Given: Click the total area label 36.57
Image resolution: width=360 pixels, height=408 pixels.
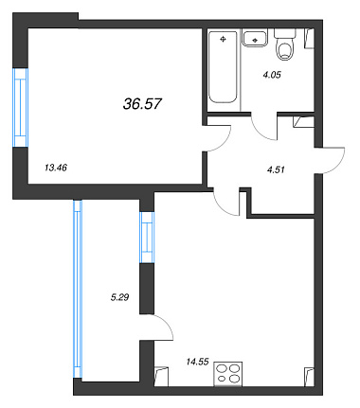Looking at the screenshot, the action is pyautogui.click(x=142, y=103).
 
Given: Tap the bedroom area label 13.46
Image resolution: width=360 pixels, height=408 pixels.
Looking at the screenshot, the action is pyautogui.click(x=56, y=168).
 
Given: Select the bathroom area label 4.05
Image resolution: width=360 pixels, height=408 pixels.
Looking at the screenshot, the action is pyautogui.click(x=272, y=75).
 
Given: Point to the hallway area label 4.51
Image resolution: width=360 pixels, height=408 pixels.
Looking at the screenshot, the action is pyautogui.click(x=276, y=169).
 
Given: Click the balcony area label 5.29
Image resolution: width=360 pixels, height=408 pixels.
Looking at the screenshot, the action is pyautogui.click(x=119, y=297).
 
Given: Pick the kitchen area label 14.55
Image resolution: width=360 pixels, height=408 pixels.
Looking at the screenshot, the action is pyautogui.click(x=197, y=362).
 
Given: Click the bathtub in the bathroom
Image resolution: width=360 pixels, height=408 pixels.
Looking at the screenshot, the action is pyautogui.click(x=223, y=67).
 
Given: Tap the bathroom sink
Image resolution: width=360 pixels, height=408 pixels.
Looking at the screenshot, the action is pyautogui.click(x=255, y=38).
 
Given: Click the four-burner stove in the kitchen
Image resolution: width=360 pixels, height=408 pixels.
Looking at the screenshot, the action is pyautogui.click(x=228, y=374).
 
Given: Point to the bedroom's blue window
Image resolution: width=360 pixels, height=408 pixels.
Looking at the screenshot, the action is pyautogui.click(x=21, y=108).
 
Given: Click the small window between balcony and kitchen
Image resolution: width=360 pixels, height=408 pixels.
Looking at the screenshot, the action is pyautogui.click(x=147, y=238).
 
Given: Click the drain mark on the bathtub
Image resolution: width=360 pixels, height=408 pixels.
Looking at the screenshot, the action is pyautogui.click(x=224, y=39).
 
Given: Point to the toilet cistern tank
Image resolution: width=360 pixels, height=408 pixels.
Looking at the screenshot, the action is pyautogui.click(x=285, y=33).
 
